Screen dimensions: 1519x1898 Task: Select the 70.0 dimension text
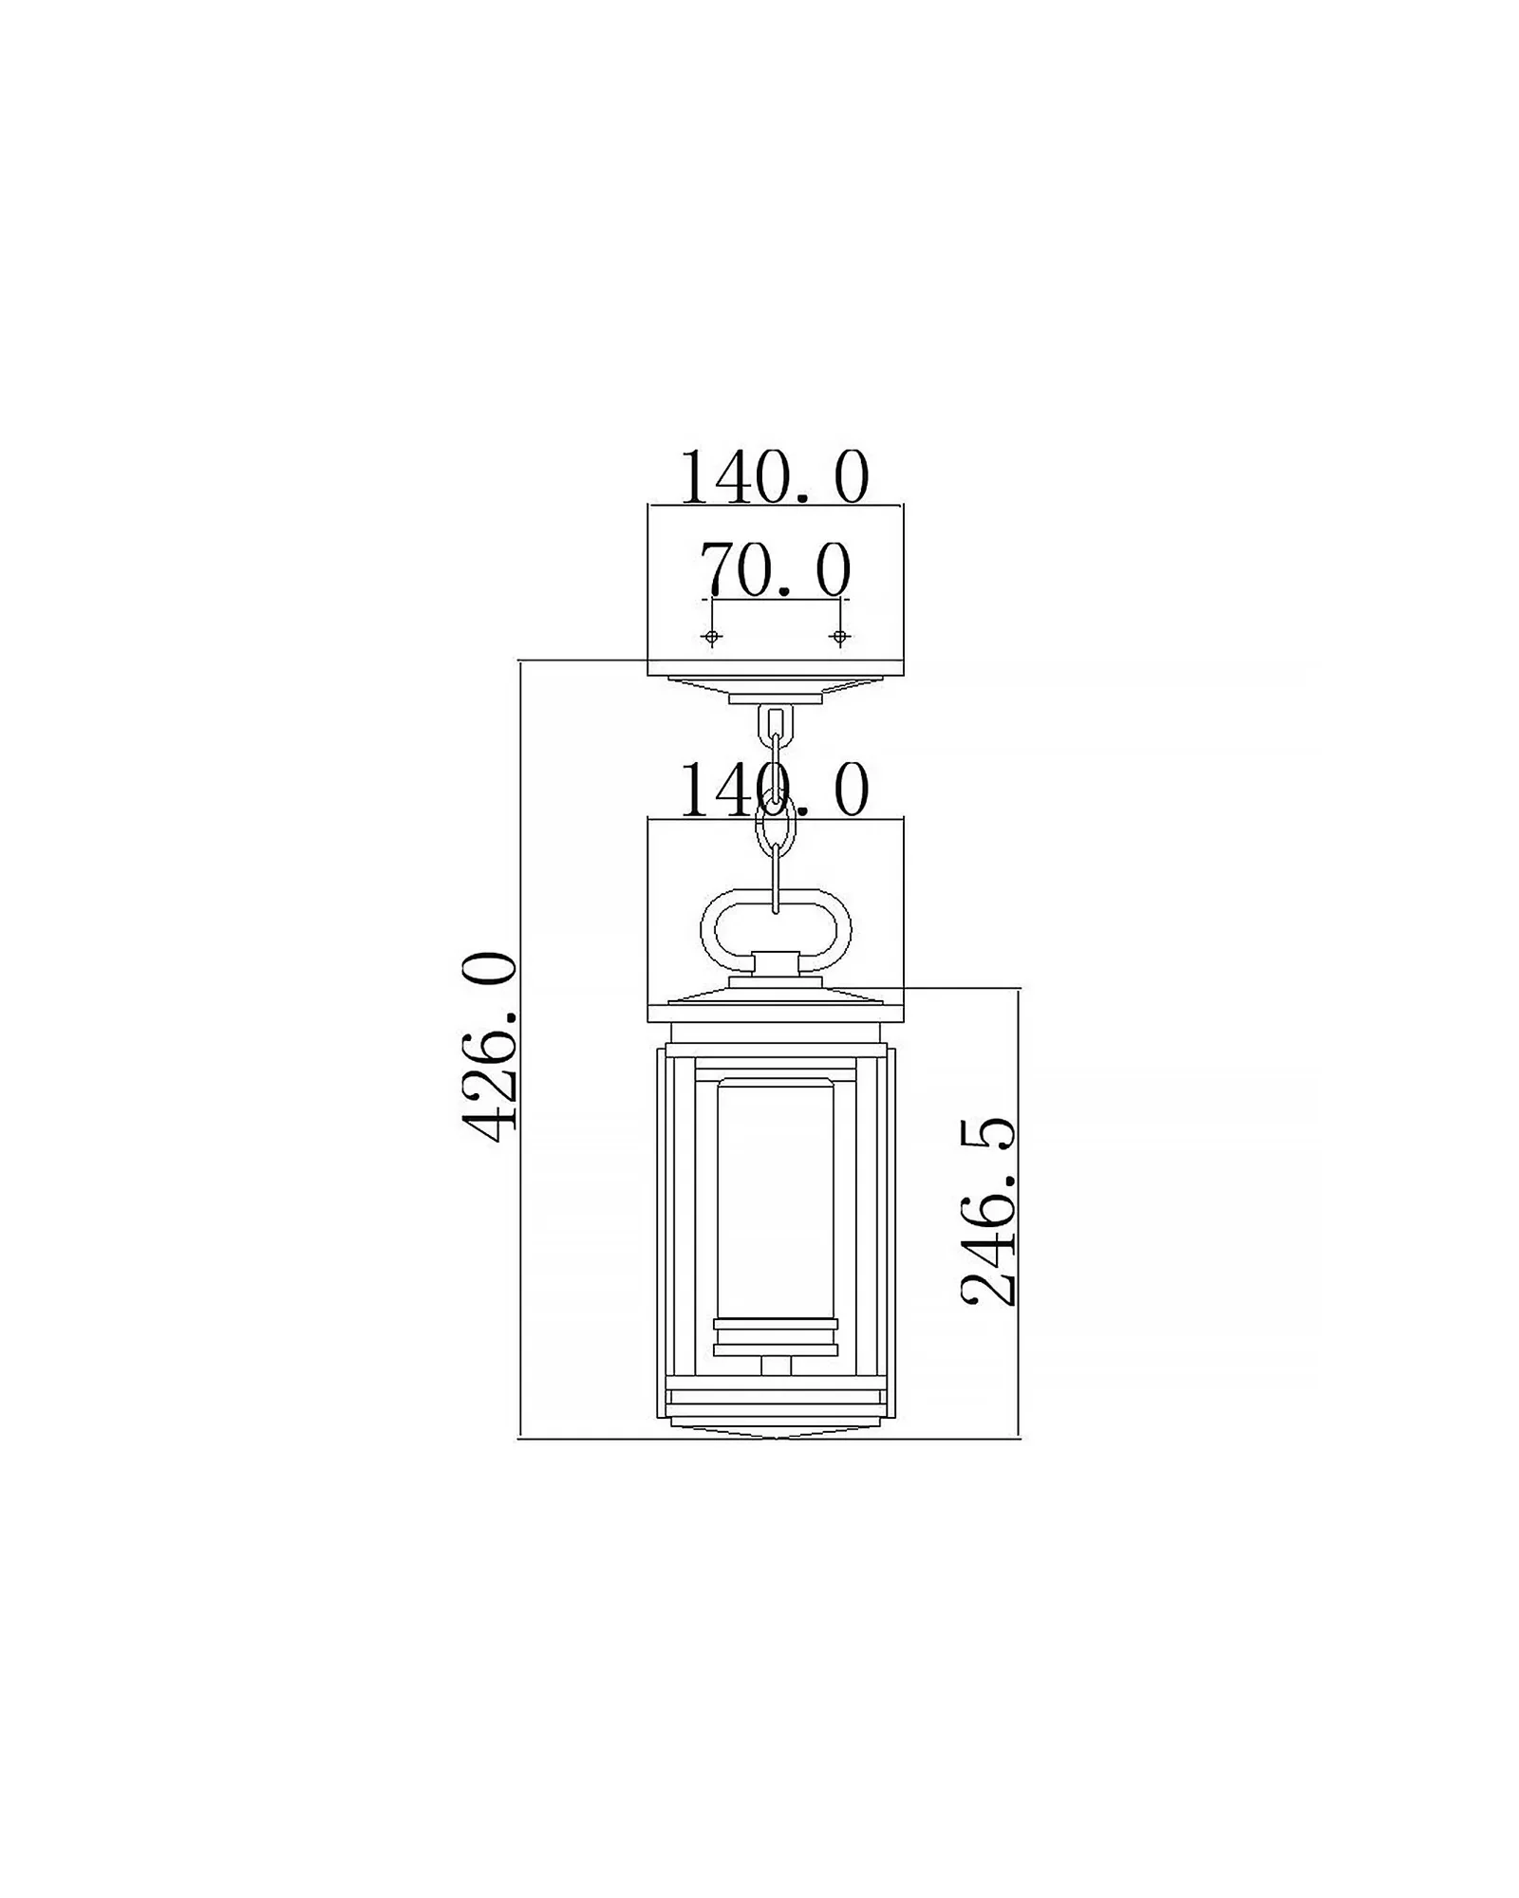[x=775, y=570]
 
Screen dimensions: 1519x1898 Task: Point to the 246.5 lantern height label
[x=988, y=1213]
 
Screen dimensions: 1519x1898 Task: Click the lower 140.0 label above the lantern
[x=775, y=790]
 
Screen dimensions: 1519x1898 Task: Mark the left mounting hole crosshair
[x=712, y=637]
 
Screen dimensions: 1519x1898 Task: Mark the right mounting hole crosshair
[x=838, y=637]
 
